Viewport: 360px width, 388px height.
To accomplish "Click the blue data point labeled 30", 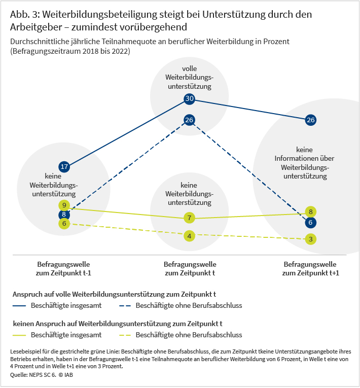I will tap(189, 98).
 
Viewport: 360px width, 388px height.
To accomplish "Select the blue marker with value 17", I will tap(64, 166).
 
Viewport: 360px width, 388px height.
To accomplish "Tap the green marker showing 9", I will tap(64, 205).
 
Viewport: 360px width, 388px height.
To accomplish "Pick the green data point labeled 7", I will tap(189, 218).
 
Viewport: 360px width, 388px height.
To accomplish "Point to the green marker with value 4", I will tap(189, 236).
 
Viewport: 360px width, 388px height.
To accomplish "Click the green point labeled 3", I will tap(311, 239).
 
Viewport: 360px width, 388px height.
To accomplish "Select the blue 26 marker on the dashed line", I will tap(189, 120).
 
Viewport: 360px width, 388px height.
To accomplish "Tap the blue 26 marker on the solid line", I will tap(311, 120).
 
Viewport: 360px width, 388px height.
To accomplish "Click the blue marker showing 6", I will tap(311, 223).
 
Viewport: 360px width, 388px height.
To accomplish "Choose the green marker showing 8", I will tap(311, 212).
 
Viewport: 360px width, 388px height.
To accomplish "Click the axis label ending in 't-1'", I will tap(64, 268).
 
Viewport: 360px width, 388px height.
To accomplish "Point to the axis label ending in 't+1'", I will tap(311, 268).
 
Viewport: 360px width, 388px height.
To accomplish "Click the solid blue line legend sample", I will tap(20, 306).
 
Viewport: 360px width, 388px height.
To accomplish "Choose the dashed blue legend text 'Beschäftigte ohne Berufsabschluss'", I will tap(189, 306).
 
